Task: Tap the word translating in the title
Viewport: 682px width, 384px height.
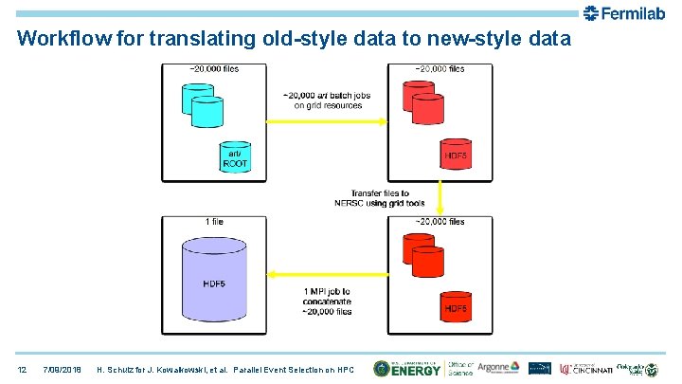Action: click(x=193, y=39)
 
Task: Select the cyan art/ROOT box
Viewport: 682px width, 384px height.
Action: click(x=235, y=158)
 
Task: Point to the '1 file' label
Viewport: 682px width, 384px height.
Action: click(x=215, y=221)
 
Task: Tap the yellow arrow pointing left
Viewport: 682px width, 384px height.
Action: click(x=323, y=275)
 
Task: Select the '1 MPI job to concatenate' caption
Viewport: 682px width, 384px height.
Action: click(x=328, y=300)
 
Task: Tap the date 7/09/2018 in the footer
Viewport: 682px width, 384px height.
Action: click(x=64, y=368)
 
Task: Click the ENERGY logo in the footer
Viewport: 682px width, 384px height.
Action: click(x=407, y=368)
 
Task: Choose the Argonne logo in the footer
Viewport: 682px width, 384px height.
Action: click(x=498, y=368)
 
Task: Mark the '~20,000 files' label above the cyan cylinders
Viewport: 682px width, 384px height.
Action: click(x=214, y=68)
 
